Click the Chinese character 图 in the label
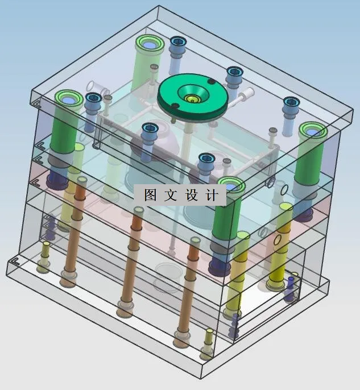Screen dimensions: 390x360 [x=150, y=195]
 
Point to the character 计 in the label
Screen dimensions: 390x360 [x=211, y=195]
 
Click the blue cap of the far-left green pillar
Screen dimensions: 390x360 [x=69, y=100]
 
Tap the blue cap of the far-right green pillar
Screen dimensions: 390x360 [x=312, y=132]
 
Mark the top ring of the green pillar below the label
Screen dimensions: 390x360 [x=230, y=186]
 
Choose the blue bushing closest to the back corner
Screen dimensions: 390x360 [x=178, y=42]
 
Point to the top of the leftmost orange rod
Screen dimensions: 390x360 [x=81, y=181]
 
